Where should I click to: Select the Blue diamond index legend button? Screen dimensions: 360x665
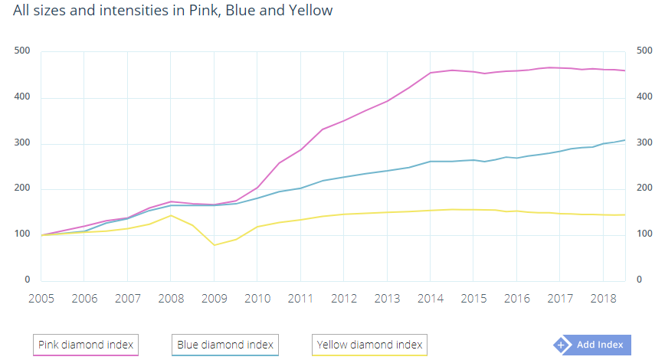224,345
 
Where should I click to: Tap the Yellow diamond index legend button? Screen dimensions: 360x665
369,345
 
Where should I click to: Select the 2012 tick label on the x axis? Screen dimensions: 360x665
343,297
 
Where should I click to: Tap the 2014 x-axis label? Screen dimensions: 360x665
430,297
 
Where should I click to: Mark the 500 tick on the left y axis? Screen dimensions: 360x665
21,51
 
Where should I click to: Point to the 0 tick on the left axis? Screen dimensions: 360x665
27,280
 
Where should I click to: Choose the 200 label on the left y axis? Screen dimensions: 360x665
21,188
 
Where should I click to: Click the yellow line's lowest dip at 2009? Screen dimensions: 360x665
214,245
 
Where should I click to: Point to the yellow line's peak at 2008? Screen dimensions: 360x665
171,215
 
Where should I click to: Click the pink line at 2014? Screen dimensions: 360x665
430,73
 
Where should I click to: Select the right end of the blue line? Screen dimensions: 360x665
625,140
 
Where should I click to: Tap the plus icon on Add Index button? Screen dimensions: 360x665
563,345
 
